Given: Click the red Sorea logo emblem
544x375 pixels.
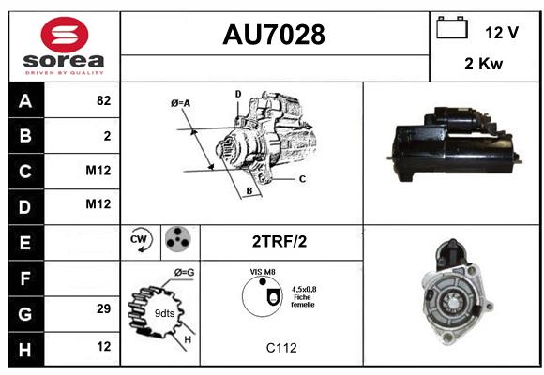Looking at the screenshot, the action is click(x=65, y=35).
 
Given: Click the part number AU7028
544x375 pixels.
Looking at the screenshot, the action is click(x=274, y=35).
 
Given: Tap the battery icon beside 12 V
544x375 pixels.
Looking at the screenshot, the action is click(x=452, y=27).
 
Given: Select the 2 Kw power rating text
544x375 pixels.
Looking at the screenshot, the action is click(x=483, y=64).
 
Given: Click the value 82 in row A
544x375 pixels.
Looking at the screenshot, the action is click(x=104, y=100).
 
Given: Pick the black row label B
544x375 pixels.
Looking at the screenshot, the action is click(x=26, y=136).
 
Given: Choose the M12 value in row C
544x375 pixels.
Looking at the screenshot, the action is click(x=98, y=171).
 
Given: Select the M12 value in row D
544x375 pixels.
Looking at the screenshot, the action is click(x=98, y=204).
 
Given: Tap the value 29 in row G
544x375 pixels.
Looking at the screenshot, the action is click(x=104, y=308).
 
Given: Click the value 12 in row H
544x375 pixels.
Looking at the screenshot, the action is click(x=104, y=346).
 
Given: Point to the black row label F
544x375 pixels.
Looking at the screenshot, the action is click(x=26, y=278).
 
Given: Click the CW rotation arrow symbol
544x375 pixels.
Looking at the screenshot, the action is click(x=140, y=239).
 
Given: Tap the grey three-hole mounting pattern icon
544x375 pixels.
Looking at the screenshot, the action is click(x=177, y=239).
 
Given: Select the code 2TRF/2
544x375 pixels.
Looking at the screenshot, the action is click(x=280, y=242).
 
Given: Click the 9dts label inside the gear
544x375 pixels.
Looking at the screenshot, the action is click(x=164, y=313).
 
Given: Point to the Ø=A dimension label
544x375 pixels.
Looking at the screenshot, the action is click(x=180, y=103).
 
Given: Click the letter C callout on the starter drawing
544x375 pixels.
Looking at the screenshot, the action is click(x=302, y=179).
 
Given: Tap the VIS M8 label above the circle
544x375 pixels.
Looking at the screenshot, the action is click(x=263, y=272).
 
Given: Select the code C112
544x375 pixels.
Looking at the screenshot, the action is click(x=281, y=348).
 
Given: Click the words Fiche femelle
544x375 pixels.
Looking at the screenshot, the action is click(x=303, y=301).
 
